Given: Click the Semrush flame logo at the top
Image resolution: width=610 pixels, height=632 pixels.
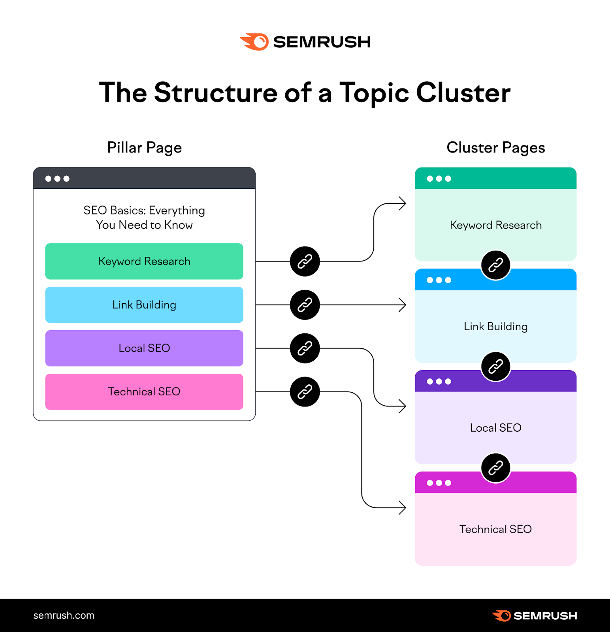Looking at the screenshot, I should (x=254, y=42).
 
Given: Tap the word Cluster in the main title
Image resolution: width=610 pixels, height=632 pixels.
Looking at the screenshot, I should (x=463, y=93).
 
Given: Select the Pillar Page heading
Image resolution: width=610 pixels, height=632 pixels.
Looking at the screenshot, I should (x=144, y=148).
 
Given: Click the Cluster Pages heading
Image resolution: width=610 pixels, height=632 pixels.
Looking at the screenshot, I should (x=495, y=148).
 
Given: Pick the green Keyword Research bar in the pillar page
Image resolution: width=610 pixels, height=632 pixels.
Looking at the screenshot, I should (x=144, y=261).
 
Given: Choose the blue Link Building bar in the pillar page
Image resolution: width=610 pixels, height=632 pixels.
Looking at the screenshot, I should (x=144, y=305).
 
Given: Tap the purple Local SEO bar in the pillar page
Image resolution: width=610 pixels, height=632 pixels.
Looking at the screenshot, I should (x=144, y=348).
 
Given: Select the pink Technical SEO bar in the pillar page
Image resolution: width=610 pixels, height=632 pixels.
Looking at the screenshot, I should (x=144, y=392).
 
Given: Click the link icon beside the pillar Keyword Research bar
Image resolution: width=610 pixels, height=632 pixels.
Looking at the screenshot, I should (x=305, y=261).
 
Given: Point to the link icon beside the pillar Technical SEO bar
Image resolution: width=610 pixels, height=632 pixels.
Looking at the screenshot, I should (x=305, y=392).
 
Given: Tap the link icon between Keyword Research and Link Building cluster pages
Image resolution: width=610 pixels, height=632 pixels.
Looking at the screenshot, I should (x=495, y=265).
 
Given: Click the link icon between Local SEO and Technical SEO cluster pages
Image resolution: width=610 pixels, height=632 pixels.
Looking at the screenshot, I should (x=495, y=468).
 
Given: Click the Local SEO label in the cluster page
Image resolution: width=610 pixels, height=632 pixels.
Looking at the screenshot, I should (x=495, y=428).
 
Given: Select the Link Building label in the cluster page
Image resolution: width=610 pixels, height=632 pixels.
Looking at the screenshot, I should (x=495, y=327).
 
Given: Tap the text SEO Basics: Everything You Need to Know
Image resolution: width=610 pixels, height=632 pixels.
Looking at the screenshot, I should (x=144, y=218).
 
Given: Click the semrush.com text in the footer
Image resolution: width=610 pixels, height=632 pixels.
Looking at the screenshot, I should (x=64, y=615).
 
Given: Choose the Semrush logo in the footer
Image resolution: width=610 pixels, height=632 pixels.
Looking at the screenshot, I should (x=534, y=616).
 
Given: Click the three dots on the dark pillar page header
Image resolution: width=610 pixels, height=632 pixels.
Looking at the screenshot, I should (x=57, y=179).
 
